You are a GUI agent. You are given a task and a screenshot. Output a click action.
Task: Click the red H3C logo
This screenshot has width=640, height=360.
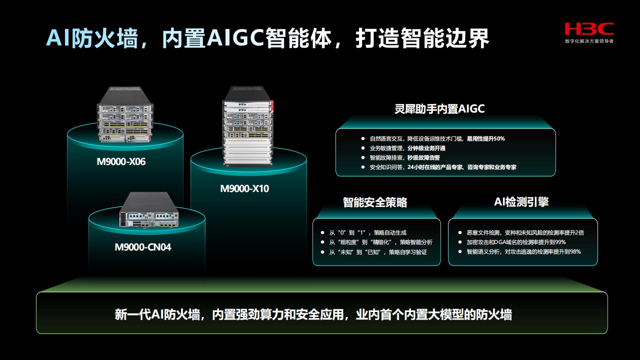tap(589, 29)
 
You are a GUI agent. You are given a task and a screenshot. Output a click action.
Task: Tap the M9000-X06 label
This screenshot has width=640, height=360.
tap(121, 161)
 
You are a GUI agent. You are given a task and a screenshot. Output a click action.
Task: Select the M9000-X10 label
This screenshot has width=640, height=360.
tap(244, 188)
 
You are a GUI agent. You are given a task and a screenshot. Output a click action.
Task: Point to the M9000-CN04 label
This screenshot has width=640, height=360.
tap(143, 247)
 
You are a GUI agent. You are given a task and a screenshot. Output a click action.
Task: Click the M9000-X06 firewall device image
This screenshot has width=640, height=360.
tap(125, 114)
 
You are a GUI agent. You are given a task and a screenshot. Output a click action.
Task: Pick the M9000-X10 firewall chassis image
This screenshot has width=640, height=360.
tap(247, 126)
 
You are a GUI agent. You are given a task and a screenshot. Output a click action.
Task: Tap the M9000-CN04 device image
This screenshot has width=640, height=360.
tap(149, 210)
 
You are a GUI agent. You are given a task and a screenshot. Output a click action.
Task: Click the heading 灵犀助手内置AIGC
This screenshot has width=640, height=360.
tap(439, 109)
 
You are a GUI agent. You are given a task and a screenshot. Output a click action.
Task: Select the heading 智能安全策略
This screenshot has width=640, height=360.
tap(375, 202)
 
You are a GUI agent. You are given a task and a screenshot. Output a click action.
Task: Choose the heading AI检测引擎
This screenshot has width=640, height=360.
tap(521, 201)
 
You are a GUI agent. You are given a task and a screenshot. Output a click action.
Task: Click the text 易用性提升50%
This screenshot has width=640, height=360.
tap(485, 139)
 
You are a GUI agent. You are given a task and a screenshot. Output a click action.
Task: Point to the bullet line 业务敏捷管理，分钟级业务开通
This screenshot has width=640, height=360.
tap(407, 148)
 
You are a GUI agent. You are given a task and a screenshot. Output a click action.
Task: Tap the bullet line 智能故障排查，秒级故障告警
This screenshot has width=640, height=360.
tap(405, 157)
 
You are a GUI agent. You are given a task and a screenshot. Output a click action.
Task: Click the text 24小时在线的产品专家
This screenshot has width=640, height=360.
tap(435, 167)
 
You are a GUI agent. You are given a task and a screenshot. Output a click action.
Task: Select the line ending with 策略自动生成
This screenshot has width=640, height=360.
tap(367, 233)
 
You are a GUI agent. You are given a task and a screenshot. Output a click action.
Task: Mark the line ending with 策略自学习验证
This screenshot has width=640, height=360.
tap(378, 252)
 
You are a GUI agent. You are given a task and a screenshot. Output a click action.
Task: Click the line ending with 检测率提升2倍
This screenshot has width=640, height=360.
tap(525, 233)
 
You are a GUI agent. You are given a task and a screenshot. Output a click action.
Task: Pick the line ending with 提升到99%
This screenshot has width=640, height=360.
tap(516, 242)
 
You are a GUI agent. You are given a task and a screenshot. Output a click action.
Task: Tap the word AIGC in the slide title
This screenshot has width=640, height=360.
tap(235, 38)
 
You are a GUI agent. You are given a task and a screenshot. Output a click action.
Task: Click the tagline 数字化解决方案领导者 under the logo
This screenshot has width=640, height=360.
tap(589, 41)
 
